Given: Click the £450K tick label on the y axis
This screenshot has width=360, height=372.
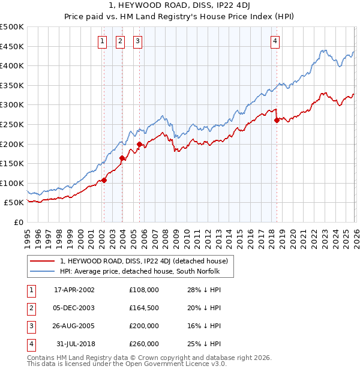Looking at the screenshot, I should point(12,47).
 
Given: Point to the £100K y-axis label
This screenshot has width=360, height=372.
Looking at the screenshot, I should point(12,183).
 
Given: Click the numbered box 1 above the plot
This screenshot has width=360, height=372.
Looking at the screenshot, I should point(103,41).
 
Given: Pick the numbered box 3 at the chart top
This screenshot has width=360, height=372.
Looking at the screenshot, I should point(138,41).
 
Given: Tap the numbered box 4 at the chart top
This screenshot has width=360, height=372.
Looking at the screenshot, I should point(275,41).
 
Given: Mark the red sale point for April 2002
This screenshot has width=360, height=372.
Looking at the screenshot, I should point(104,180).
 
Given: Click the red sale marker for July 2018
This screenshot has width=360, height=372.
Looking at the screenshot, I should point(277,121).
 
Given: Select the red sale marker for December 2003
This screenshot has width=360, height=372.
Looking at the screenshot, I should point(122,158).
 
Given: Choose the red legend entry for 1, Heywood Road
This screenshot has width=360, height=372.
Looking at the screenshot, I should point(144,262).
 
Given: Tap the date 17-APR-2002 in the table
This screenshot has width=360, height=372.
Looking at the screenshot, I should point(74,290).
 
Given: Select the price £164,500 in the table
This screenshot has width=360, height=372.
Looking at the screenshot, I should point(144,308).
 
